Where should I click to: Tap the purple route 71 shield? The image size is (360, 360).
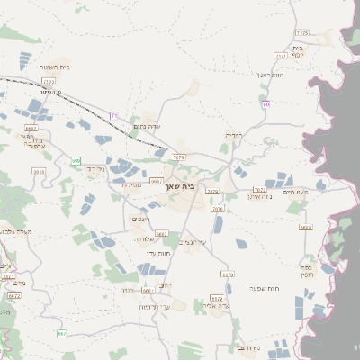pos(113,116)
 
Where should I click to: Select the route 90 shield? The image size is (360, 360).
pos(266,104)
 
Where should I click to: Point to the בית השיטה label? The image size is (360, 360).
pos(55,67)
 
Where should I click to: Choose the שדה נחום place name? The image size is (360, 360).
pos(146,126)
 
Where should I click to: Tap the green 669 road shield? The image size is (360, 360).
pos(76,160)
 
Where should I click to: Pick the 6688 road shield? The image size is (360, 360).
pos(305,227)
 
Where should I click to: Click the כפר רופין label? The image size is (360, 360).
pos(306,271)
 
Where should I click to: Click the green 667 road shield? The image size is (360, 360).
pos(61,334)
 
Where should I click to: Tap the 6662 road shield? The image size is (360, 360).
pos(162,234)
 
